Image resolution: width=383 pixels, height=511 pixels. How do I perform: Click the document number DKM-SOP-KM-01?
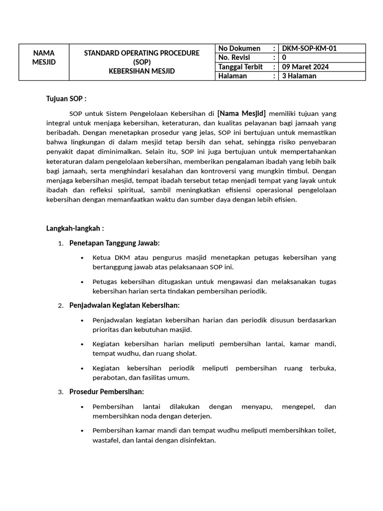click(309, 48)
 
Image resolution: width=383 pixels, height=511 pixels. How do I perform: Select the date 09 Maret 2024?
click(305, 67)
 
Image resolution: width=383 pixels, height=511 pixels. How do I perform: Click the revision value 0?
click(284, 58)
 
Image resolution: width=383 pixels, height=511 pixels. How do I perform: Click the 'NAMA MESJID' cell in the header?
click(44, 57)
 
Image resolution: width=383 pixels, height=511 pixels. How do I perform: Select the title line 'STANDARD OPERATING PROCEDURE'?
click(142, 53)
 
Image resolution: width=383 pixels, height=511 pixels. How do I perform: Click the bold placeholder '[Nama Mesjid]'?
click(241, 112)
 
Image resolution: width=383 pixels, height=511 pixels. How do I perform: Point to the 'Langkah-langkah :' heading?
click(75, 229)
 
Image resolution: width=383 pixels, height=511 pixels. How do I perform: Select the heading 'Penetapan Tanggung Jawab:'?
click(114, 243)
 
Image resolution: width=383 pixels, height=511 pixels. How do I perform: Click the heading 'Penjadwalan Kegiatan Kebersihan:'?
click(124, 305)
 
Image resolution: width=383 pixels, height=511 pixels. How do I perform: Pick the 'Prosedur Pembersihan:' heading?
click(106, 392)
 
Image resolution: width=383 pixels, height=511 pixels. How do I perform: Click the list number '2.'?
click(60, 305)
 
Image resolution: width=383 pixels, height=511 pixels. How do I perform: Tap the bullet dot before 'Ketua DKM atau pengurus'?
click(82, 258)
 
